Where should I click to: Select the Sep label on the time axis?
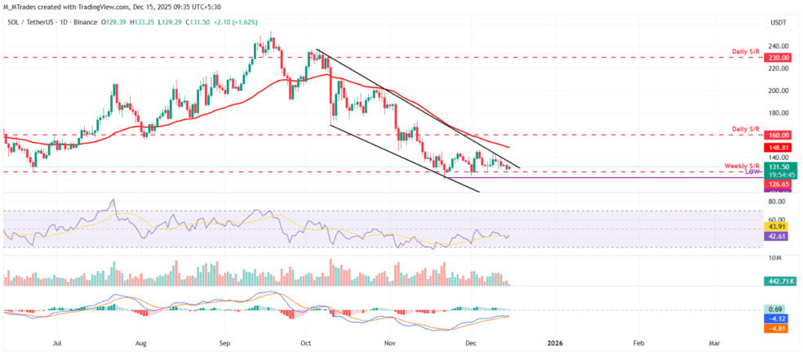tap(226, 344)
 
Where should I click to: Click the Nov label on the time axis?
tap(389, 344)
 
